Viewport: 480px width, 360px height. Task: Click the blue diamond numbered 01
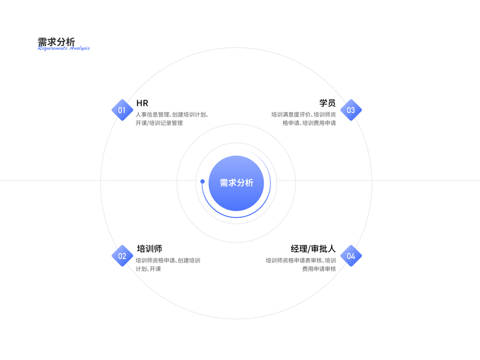click(x=122, y=110)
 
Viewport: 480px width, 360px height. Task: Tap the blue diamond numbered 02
click(x=122, y=256)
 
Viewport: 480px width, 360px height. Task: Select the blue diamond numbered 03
click(x=351, y=110)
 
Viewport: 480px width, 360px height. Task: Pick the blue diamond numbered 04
click(x=351, y=256)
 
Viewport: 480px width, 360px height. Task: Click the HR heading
click(x=142, y=103)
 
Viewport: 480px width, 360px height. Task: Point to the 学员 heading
click(x=327, y=103)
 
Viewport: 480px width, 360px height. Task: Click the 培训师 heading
click(x=149, y=249)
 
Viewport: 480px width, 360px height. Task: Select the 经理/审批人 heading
click(x=313, y=249)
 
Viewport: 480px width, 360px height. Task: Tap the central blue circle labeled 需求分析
click(x=236, y=183)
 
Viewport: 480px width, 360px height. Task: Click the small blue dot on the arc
click(x=202, y=181)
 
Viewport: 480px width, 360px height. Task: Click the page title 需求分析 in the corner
click(x=56, y=42)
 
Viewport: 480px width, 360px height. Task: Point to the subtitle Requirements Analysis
click(x=64, y=49)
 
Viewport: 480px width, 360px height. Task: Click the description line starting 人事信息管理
click(x=172, y=114)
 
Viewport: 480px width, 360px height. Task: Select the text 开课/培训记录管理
click(x=159, y=123)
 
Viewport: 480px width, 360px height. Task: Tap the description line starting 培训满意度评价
click(x=304, y=114)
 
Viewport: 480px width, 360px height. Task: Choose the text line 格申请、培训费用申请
click(x=309, y=123)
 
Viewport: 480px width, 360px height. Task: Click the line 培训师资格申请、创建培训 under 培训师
click(x=168, y=260)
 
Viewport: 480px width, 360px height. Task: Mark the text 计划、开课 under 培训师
click(x=148, y=269)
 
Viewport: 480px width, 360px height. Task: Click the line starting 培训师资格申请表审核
click(x=301, y=260)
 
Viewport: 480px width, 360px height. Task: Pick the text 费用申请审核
click(x=319, y=269)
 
